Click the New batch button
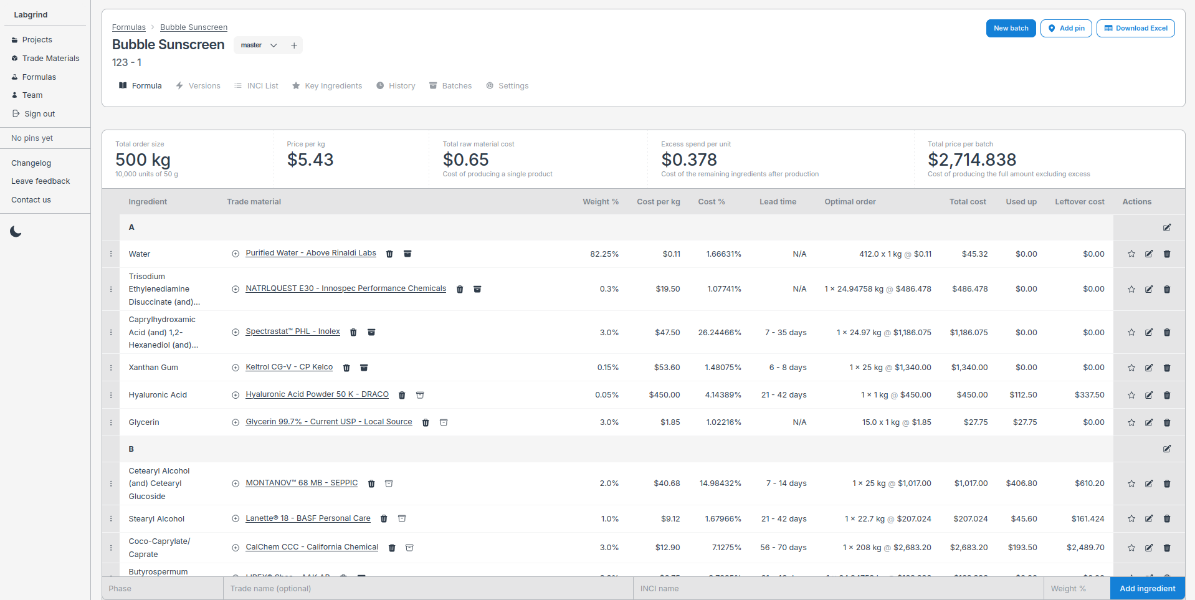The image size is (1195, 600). click(x=1011, y=28)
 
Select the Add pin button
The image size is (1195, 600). click(x=1065, y=28)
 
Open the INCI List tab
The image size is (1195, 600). click(x=256, y=86)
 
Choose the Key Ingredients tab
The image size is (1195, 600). click(x=327, y=86)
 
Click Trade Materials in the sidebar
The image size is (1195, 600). click(x=50, y=59)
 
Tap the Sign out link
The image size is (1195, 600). click(x=39, y=114)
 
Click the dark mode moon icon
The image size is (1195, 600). click(x=16, y=232)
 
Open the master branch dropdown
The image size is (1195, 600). click(x=259, y=45)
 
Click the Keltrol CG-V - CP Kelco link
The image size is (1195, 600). click(x=289, y=367)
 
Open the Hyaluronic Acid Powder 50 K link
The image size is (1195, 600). click(x=317, y=394)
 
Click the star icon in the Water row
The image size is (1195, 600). click(x=1131, y=254)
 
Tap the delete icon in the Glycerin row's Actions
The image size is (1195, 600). click(x=1167, y=422)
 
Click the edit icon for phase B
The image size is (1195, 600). click(x=1167, y=449)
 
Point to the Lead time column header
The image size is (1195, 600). click(x=778, y=202)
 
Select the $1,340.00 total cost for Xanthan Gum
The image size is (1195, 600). click(x=969, y=368)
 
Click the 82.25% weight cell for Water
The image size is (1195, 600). click(x=604, y=254)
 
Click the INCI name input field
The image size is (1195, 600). click(x=838, y=589)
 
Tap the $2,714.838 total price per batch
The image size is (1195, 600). click(x=971, y=160)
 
